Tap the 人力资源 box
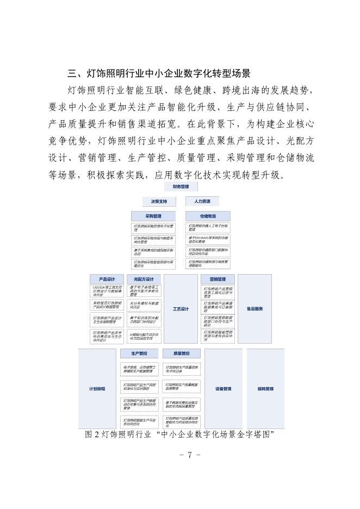point(202,201)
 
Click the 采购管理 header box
point(153,216)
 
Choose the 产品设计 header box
point(106,279)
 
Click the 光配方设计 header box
point(144,279)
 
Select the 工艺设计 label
point(181,309)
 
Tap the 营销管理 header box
point(218,279)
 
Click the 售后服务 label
point(255,309)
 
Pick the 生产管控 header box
point(139,353)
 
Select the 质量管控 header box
point(182,353)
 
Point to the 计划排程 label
point(97,389)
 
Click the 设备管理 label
point(224,389)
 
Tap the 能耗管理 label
point(265,389)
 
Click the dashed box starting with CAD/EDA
point(107,291)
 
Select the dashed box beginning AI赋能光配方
point(144,336)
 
